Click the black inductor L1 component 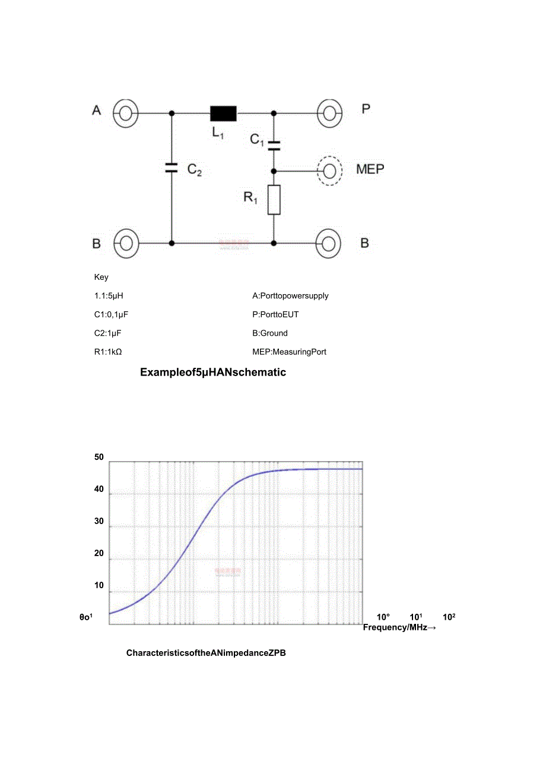click(x=223, y=113)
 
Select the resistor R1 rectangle click(x=274, y=199)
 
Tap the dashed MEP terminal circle click(x=329, y=171)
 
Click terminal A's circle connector click(x=125, y=112)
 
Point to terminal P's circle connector click(x=329, y=112)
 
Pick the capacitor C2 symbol click(x=172, y=168)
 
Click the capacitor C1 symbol click(x=274, y=143)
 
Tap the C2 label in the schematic click(x=195, y=170)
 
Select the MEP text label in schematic click(x=370, y=169)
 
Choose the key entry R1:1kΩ click(x=107, y=352)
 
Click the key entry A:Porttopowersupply click(x=290, y=296)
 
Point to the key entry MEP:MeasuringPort click(x=289, y=352)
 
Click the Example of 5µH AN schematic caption click(x=213, y=373)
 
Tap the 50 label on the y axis click(x=99, y=457)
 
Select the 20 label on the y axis click(x=99, y=553)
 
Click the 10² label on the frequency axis click(x=449, y=617)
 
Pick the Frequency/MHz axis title click(x=399, y=627)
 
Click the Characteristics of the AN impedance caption click(x=206, y=653)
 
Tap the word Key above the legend click(x=101, y=277)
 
